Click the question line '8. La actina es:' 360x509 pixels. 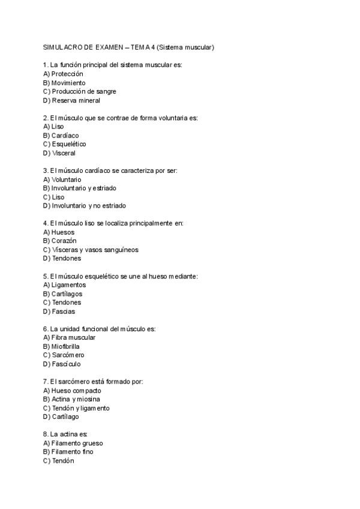pyautogui.click(x=65, y=434)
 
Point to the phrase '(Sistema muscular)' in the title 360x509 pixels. pyautogui.click(x=185, y=47)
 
